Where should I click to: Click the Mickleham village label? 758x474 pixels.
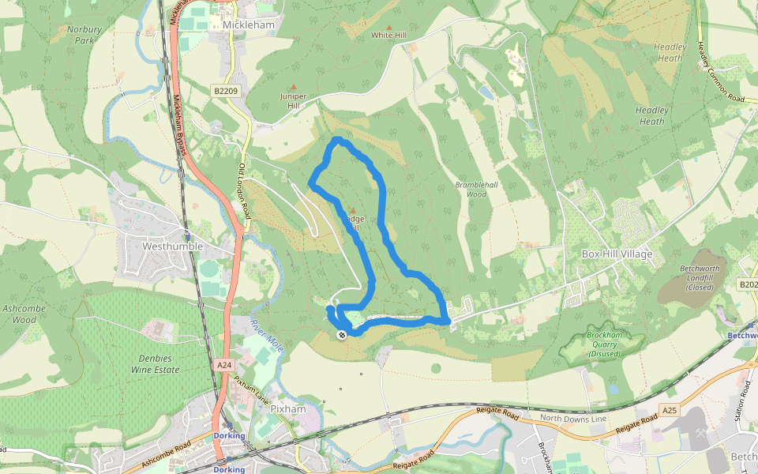pyautogui.click(x=248, y=24)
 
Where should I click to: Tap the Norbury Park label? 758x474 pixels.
pyautogui.click(x=84, y=35)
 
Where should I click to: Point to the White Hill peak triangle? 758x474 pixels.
pyautogui.click(x=388, y=28)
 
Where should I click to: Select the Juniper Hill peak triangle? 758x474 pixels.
pyautogui.click(x=294, y=87)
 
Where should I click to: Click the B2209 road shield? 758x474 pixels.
pyautogui.click(x=225, y=92)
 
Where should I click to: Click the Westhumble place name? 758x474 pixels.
pyautogui.click(x=172, y=246)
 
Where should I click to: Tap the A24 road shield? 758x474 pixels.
pyautogui.click(x=224, y=365)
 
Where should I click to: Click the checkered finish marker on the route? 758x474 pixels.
pyautogui.click(x=342, y=335)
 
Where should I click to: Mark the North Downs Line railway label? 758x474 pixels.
pyautogui.click(x=572, y=418)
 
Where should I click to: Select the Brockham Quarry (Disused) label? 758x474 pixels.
pyautogui.click(x=604, y=344)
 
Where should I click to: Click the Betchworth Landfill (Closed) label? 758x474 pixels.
pyautogui.click(x=700, y=277)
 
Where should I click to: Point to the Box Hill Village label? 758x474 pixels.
pyautogui.click(x=617, y=254)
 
